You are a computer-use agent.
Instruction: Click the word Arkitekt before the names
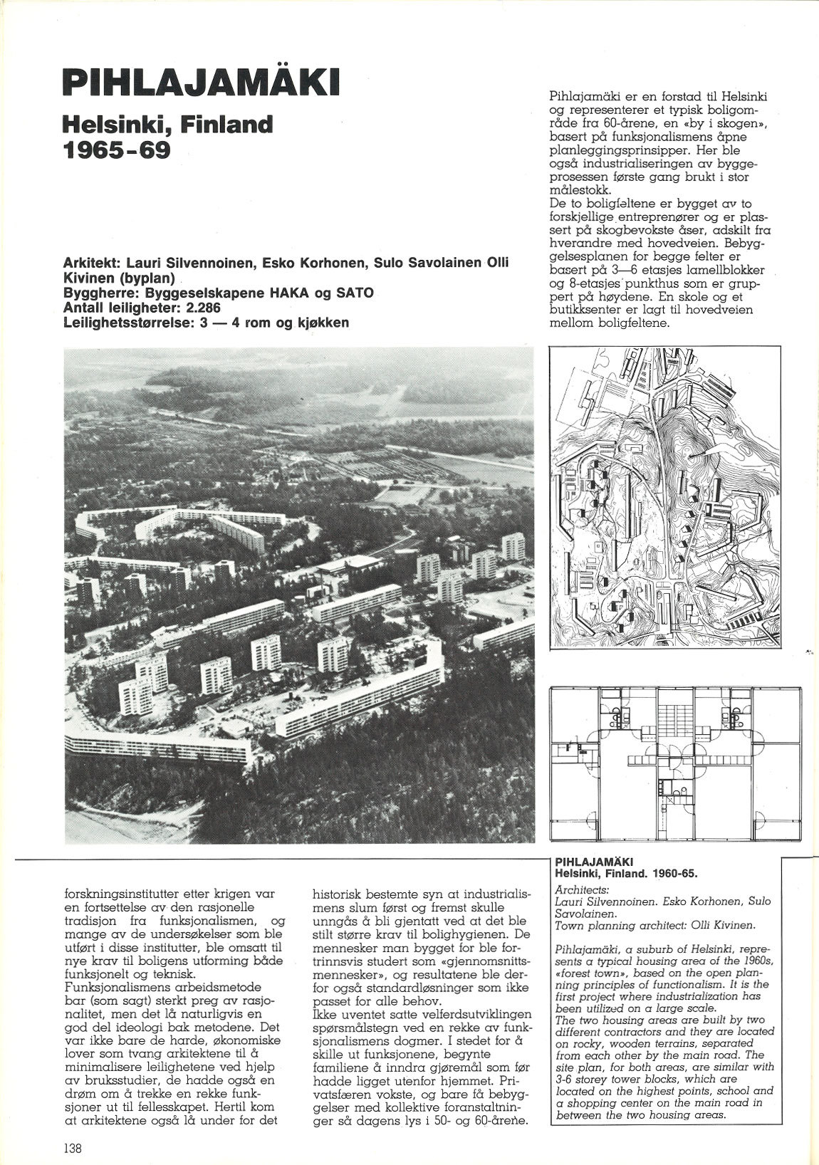click(90, 263)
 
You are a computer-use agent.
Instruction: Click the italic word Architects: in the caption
click(580, 889)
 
